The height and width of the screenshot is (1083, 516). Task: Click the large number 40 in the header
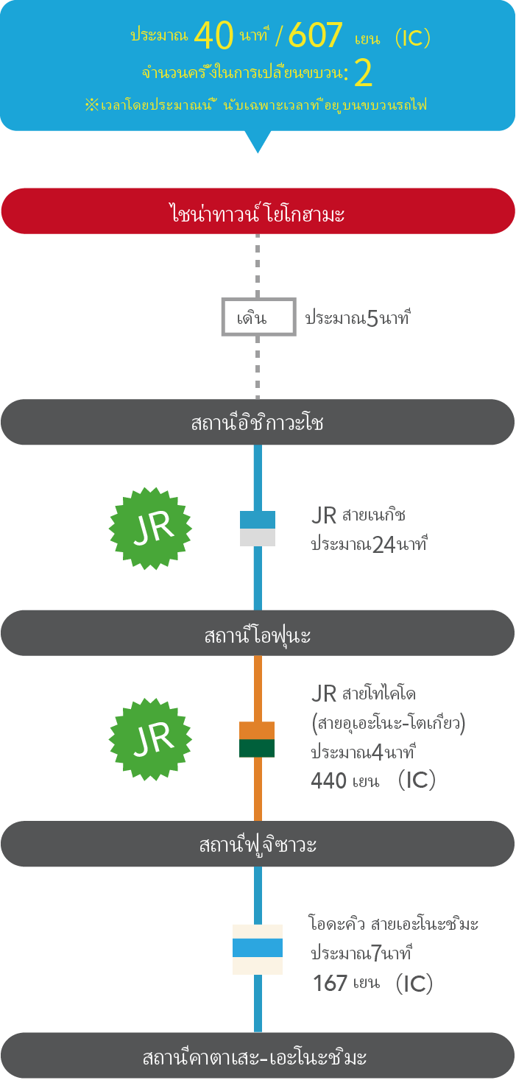pyautogui.click(x=214, y=35)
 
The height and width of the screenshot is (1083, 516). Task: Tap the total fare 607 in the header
pyautogui.click(x=316, y=35)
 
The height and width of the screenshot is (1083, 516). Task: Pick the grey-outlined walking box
pyautogui.click(x=258, y=317)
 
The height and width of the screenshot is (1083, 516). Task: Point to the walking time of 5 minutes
pyautogui.click(x=358, y=320)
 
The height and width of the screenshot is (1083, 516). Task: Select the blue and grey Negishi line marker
pyautogui.click(x=258, y=528)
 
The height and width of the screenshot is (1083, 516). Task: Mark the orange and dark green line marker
pyautogui.click(x=257, y=739)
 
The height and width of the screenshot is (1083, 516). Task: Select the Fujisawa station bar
pyautogui.click(x=258, y=844)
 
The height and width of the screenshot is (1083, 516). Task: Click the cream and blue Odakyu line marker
pyautogui.click(x=258, y=949)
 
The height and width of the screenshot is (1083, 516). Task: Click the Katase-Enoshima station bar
pyautogui.click(x=258, y=1057)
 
